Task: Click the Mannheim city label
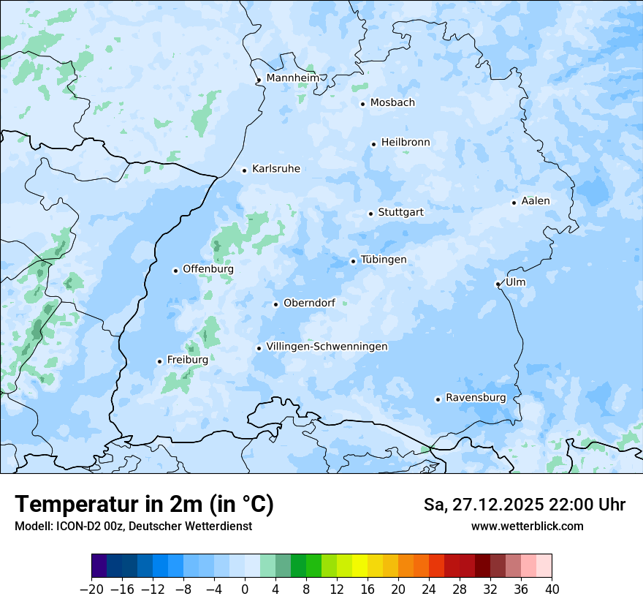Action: point(292,78)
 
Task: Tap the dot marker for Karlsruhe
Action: point(245,170)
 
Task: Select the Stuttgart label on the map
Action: point(400,213)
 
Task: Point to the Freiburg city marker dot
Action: point(159,361)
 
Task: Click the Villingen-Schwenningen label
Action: point(327,347)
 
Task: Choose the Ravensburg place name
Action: point(475,398)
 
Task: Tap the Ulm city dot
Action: point(498,284)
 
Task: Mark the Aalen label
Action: point(536,201)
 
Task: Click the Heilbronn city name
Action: point(406,143)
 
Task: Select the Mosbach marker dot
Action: point(362,104)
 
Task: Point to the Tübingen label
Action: point(384,260)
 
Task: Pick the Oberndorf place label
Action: point(309,303)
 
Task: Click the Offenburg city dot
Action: point(175,271)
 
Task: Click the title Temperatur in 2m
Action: point(144,505)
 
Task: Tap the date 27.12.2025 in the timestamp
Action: point(497,505)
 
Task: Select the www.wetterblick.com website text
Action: point(527,526)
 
